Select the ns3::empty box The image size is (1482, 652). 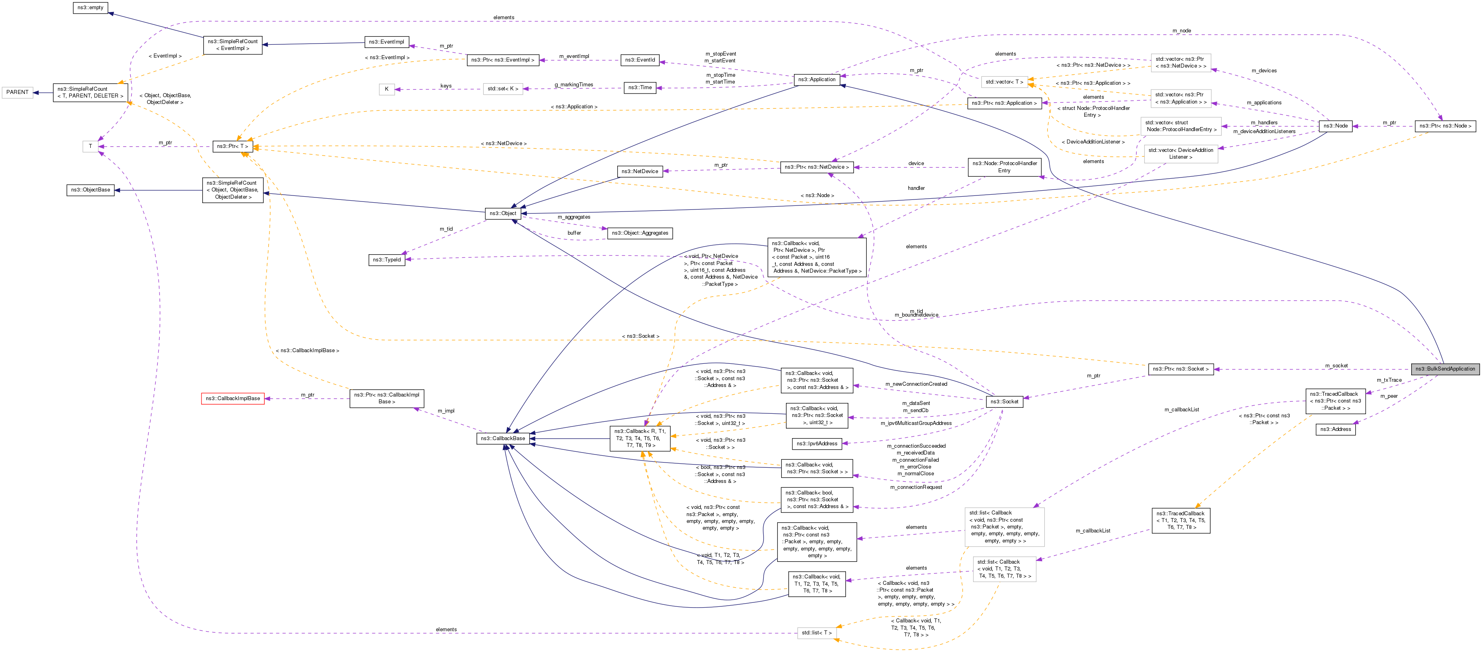(x=90, y=8)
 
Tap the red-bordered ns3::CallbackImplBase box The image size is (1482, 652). (x=232, y=398)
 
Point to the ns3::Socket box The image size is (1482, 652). (x=1004, y=402)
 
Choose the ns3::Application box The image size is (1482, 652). (x=816, y=80)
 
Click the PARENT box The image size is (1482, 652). (x=17, y=92)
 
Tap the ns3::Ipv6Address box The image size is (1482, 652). (x=816, y=444)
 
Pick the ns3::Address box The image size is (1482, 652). (x=1335, y=429)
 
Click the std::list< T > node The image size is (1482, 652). (x=816, y=632)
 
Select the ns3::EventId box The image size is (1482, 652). (x=640, y=60)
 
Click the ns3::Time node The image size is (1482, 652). (x=640, y=88)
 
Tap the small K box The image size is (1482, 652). (x=387, y=89)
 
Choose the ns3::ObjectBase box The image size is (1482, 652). (x=90, y=190)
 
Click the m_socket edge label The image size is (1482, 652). (x=1336, y=365)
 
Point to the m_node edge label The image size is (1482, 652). (x=1181, y=30)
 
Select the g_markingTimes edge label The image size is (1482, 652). (x=574, y=85)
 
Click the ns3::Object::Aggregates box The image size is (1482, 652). (x=640, y=233)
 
